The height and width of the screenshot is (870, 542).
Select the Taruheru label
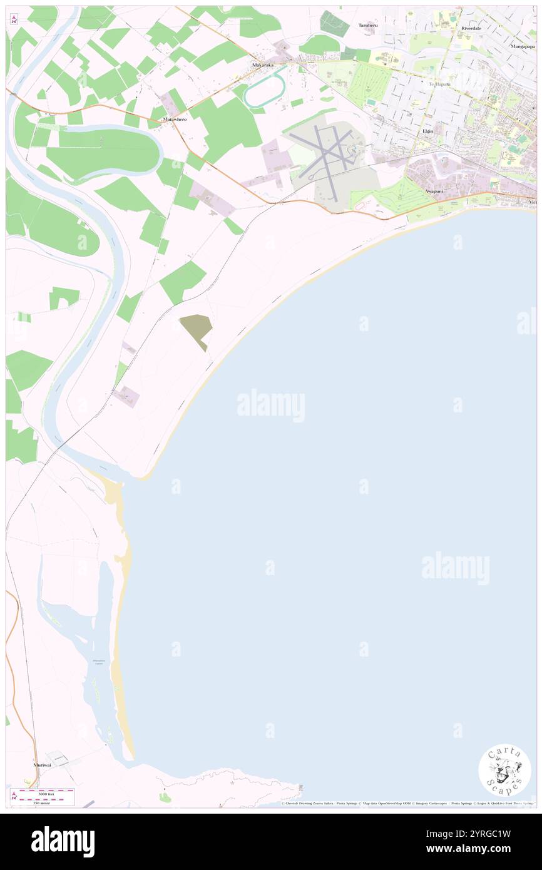pyautogui.click(x=369, y=26)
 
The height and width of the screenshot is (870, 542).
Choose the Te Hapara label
pyautogui.click(x=439, y=84)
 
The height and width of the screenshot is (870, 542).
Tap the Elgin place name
pyautogui.click(x=428, y=131)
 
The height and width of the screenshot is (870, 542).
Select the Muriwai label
pyautogui.click(x=43, y=765)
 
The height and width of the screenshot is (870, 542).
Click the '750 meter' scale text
pyautogui.click(x=43, y=802)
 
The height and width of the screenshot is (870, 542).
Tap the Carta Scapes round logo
pyautogui.click(x=504, y=770)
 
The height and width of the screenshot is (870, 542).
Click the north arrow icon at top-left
pyautogui.click(x=14, y=19)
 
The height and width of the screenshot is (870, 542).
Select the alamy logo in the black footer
pyautogui.click(x=63, y=841)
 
